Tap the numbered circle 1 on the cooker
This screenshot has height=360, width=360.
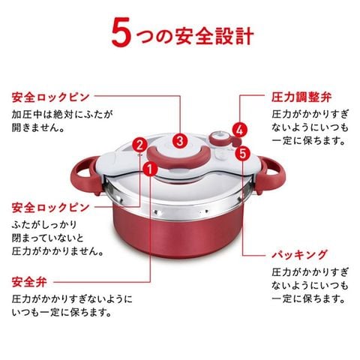[151, 169]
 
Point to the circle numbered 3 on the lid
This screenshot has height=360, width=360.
[180, 140]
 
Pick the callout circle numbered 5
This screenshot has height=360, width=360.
[241, 153]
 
